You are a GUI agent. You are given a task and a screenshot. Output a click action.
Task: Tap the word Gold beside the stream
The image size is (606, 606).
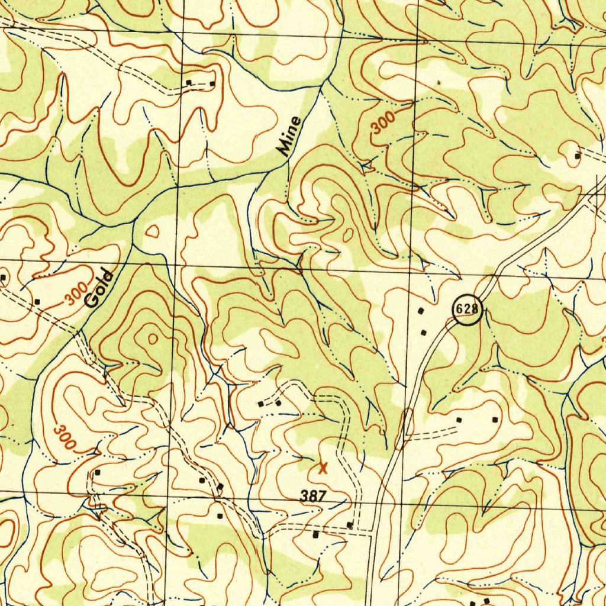pos(98,288)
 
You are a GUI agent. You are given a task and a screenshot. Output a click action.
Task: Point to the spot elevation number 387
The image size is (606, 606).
pos(313,497)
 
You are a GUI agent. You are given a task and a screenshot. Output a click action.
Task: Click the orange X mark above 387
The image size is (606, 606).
pos(323,468)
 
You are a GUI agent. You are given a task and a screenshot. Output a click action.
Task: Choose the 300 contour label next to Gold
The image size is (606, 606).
pos(76,295)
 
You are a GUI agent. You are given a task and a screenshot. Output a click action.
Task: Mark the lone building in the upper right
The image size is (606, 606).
pos(578,156)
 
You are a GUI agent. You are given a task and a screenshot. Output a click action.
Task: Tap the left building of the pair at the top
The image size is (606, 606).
pos(189,82)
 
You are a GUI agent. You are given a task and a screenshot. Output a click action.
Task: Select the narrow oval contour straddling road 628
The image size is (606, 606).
pos(408,424)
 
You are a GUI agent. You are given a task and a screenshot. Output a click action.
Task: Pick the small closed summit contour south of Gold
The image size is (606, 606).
pos(153,339)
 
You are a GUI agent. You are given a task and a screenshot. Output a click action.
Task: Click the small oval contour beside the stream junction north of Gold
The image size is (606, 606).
pos(153,231)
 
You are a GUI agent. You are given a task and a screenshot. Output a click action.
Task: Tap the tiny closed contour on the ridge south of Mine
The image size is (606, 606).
pos(348,235)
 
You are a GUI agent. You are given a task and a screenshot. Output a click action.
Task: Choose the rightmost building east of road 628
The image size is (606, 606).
pos(495,420)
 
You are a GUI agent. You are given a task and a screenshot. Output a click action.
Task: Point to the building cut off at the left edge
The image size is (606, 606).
pos(3,276)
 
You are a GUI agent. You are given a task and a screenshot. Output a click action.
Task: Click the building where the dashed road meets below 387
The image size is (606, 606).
pos(350,525)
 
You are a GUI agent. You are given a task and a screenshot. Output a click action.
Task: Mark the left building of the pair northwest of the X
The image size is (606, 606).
pos(260,404)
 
